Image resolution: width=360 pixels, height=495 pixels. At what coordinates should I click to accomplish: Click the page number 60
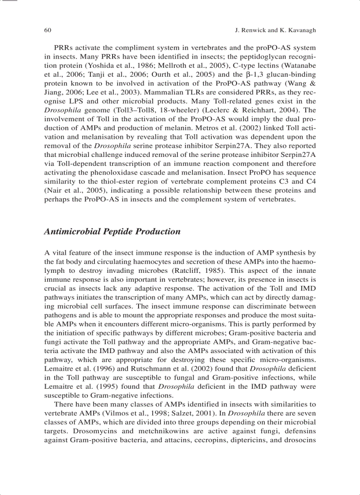(x=48, y=30)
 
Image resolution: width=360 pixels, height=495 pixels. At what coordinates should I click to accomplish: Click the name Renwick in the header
(x=251, y=30)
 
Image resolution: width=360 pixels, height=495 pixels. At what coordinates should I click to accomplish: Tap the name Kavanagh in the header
(x=300, y=30)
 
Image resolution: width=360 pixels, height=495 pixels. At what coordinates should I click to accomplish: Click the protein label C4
(x=310, y=182)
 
